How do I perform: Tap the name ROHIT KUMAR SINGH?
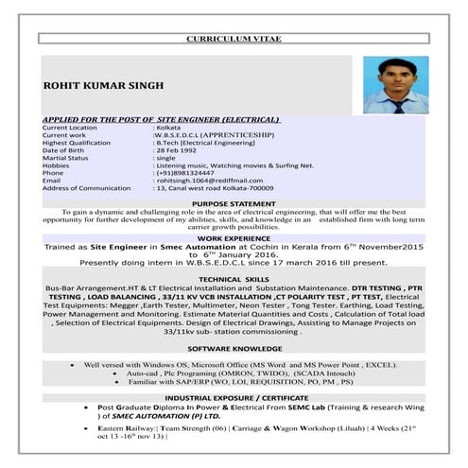[x=104, y=86]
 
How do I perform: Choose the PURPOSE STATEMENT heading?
[x=234, y=203]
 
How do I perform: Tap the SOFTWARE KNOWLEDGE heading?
[x=234, y=349]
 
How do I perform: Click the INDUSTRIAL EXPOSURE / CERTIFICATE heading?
[x=234, y=399]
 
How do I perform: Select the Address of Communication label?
[x=87, y=188]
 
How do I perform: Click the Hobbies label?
[x=57, y=165]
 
